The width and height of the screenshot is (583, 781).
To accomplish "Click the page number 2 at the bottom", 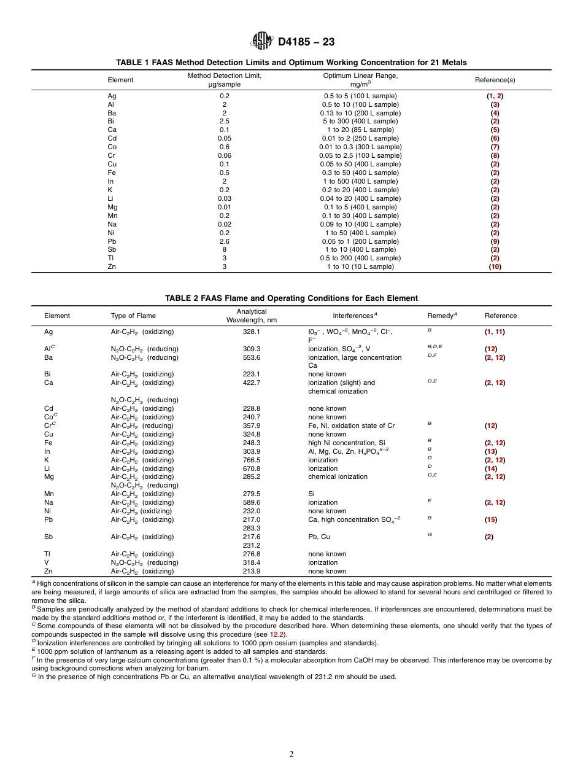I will [x=291, y=755].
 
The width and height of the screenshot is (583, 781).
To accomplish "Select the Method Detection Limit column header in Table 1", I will [x=224, y=80].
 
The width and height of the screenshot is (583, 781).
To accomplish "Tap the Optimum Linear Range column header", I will [x=360, y=80].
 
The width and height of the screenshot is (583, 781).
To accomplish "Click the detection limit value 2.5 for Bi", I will [x=224, y=122].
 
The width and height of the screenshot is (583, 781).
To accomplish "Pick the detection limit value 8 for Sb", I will [x=224, y=250].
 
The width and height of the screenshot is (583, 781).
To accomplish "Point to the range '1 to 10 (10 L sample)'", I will [x=360, y=267].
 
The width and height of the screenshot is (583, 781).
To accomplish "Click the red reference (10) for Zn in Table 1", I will [x=495, y=267].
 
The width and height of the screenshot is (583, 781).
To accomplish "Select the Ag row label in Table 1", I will [x=112, y=96].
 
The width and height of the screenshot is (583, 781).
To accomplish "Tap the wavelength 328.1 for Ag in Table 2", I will [x=252, y=332].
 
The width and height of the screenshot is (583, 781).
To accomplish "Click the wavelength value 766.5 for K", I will [x=252, y=460].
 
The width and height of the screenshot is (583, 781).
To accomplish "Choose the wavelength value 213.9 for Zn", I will [x=252, y=571].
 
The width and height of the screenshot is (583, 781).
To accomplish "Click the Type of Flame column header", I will [x=133, y=316].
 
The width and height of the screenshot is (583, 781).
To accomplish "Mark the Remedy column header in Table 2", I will [x=442, y=316].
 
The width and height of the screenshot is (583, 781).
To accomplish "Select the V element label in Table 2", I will [x=47, y=562].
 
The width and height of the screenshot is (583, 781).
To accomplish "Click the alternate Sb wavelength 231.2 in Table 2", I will [x=252, y=545].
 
